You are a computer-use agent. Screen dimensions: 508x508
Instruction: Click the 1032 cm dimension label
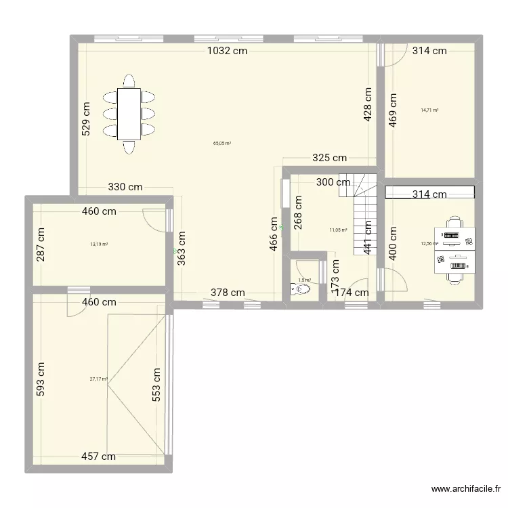(x=228, y=51)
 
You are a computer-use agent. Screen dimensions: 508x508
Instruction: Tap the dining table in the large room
(x=129, y=114)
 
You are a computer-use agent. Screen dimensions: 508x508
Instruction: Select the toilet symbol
(x=301, y=290)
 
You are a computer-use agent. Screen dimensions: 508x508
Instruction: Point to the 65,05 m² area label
(x=222, y=144)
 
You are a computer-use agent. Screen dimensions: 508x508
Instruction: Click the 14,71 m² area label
(x=429, y=110)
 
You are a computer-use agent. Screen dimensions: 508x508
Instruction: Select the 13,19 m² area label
(x=100, y=245)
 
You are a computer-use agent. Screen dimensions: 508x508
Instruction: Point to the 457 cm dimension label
(x=99, y=457)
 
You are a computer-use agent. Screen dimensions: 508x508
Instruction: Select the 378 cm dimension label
(x=228, y=293)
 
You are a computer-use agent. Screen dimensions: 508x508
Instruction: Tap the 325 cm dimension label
(x=329, y=158)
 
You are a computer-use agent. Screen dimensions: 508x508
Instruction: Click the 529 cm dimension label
(x=86, y=119)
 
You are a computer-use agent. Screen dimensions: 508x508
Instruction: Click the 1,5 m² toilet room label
(x=305, y=280)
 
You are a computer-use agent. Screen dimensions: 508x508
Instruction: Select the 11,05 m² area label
(x=338, y=230)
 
